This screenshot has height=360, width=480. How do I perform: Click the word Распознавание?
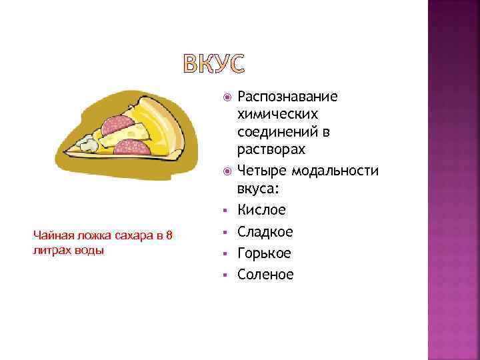pos(287,97)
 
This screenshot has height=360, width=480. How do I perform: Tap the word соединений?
pos(279,132)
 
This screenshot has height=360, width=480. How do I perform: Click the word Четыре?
pos(259,171)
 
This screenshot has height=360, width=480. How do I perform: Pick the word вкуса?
pos(257,189)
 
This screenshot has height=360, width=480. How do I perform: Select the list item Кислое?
pos(261,210)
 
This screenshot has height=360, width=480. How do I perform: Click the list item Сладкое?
pos(265,232)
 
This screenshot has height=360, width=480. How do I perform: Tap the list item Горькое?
pos(264,253)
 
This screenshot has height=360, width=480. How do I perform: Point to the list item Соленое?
pos(265,275)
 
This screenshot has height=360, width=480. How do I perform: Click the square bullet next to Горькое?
pos(227,254)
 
